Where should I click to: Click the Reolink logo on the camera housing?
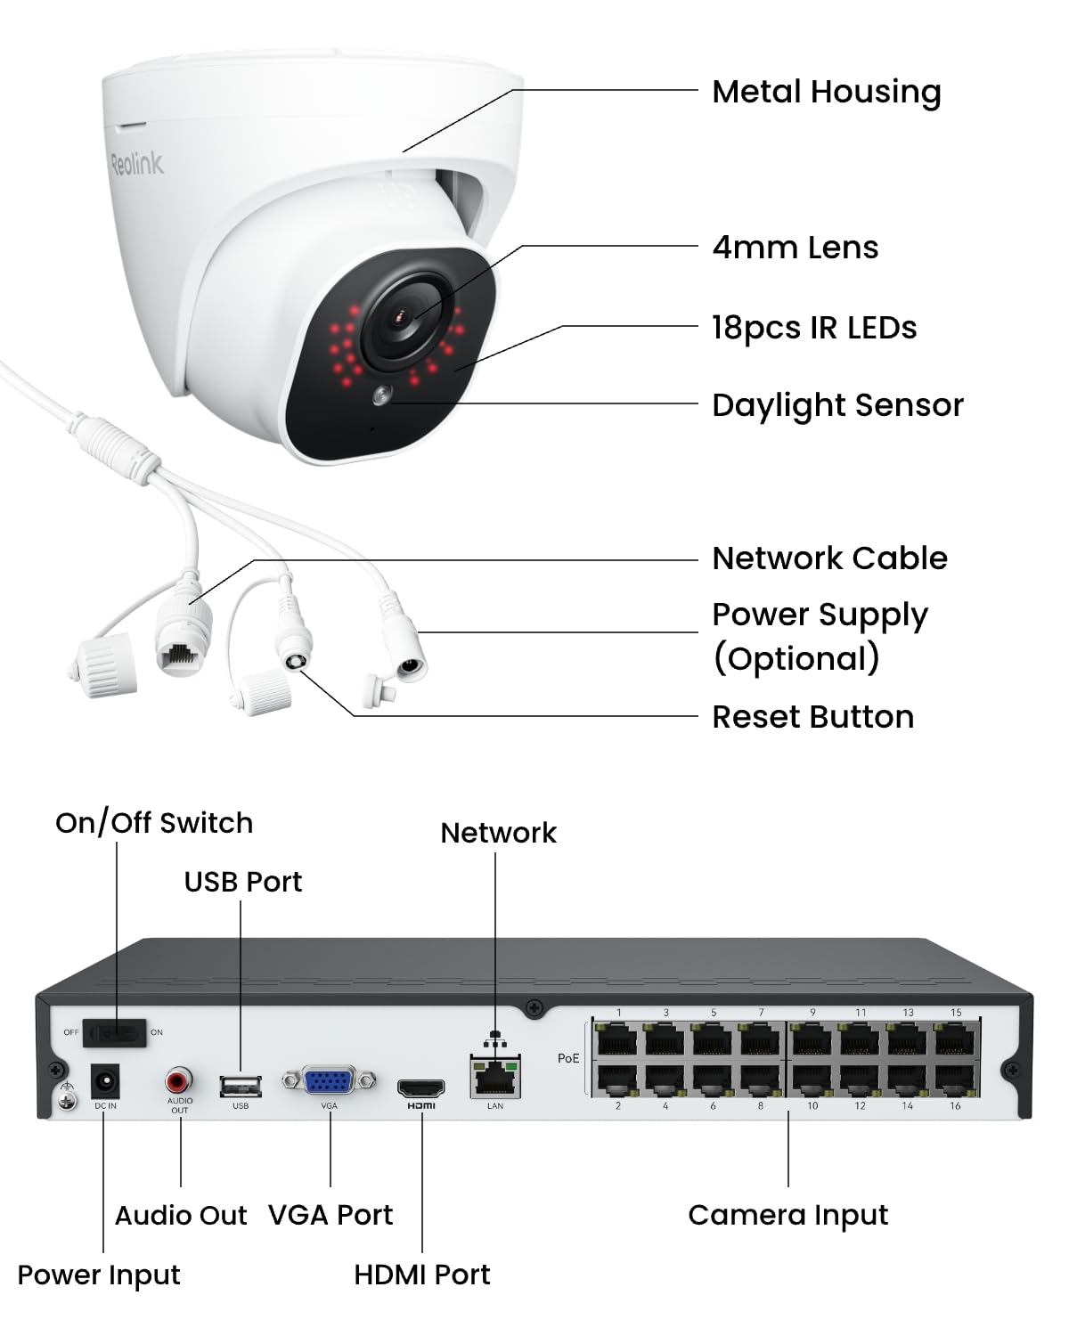pyautogui.click(x=136, y=163)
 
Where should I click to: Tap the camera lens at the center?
pyautogui.click(x=404, y=316)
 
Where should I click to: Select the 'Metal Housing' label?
pyautogui.click(x=826, y=92)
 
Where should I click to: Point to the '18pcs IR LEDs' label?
pyautogui.click(x=813, y=328)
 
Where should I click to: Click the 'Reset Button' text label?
pyautogui.click(x=812, y=717)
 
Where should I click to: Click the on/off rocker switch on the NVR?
pyautogui.click(x=114, y=1033)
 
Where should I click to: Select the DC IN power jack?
pyautogui.click(x=106, y=1083)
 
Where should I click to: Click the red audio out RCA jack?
pyautogui.click(x=179, y=1082)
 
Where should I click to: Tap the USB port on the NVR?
pyautogui.click(x=241, y=1086)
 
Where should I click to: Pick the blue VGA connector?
pyautogui.click(x=329, y=1081)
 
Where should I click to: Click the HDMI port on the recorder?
pyautogui.click(x=420, y=1088)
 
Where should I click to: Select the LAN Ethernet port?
pyautogui.click(x=495, y=1078)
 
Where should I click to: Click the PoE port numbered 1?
pyautogui.click(x=617, y=1039)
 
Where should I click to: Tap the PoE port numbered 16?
pyautogui.click(x=955, y=1079)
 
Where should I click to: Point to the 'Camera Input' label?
pyautogui.click(x=787, y=1215)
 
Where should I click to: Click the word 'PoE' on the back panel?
pyautogui.click(x=568, y=1058)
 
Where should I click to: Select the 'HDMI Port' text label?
pyautogui.click(x=421, y=1275)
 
